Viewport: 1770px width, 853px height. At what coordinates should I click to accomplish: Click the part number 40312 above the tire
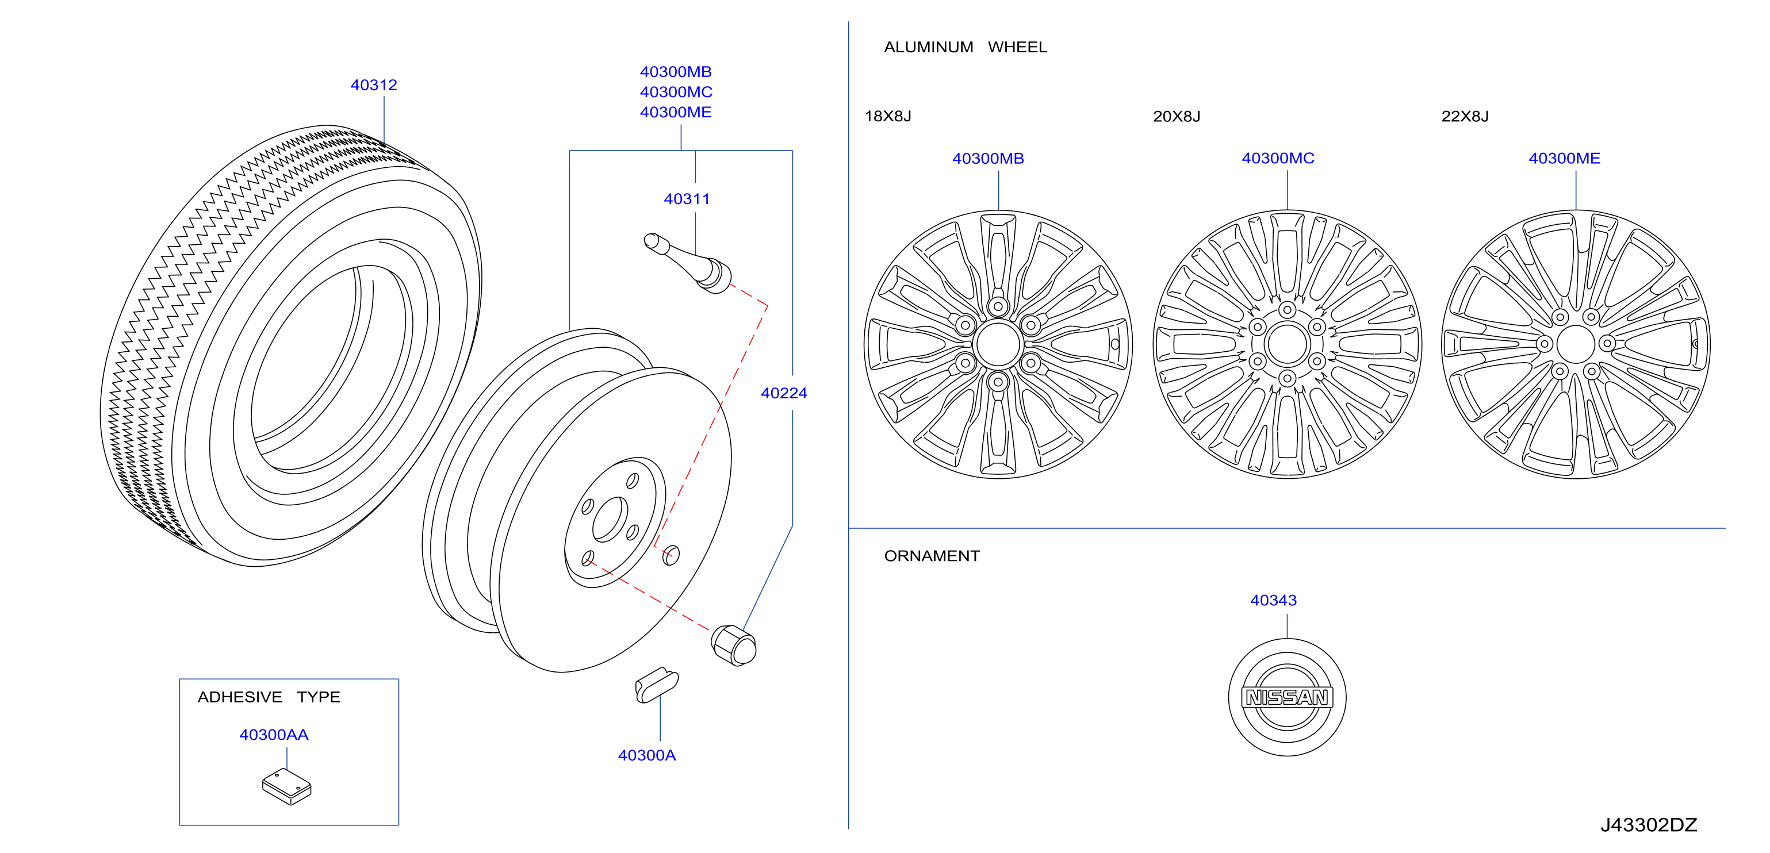(x=374, y=85)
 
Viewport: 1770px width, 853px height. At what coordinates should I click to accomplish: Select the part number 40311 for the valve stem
(x=687, y=199)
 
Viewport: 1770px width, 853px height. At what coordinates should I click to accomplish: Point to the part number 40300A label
(x=646, y=755)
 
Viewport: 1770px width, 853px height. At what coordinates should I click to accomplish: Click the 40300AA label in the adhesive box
(x=274, y=735)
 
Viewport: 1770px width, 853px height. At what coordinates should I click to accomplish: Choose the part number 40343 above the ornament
(x=1273, y=600)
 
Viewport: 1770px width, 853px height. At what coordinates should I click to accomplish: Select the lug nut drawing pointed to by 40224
(x=734, y=645)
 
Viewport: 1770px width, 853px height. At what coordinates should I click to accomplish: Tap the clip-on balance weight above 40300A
(x=657, y=685)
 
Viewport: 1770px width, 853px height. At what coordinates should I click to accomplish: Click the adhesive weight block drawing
(x=287, y=786)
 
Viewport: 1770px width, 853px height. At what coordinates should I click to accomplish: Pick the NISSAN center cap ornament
(x=1287, y=697)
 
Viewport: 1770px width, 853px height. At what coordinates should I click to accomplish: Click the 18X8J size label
(x=888, y=116)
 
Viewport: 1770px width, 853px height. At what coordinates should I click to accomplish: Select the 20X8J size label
(x=1177, y=116)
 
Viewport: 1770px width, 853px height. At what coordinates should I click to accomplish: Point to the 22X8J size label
(x=1465, y=116)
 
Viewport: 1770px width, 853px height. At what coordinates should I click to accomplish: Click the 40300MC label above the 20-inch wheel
(x=1278, y=159)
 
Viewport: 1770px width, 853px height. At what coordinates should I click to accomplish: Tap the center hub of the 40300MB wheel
(x=998, y=344)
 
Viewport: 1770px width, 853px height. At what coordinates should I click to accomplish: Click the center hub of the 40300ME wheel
(x=1576, y=344)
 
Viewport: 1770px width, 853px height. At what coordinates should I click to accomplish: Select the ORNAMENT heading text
(x=932, y=556)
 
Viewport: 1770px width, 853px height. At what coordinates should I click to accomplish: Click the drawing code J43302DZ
(x=1649, y=825)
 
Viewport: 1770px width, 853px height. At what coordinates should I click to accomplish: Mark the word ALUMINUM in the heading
(x=928, y=47)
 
